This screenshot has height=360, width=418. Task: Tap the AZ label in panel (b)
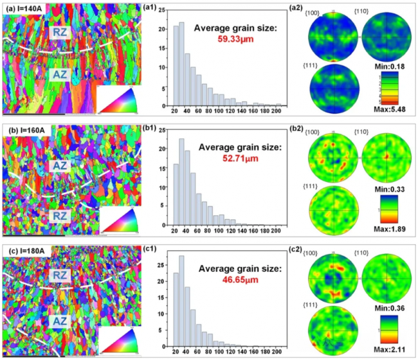tap(59, 148)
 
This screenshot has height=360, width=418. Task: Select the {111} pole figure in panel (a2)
tap(334, 89)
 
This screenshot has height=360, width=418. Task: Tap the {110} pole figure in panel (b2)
tap(385, 156)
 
